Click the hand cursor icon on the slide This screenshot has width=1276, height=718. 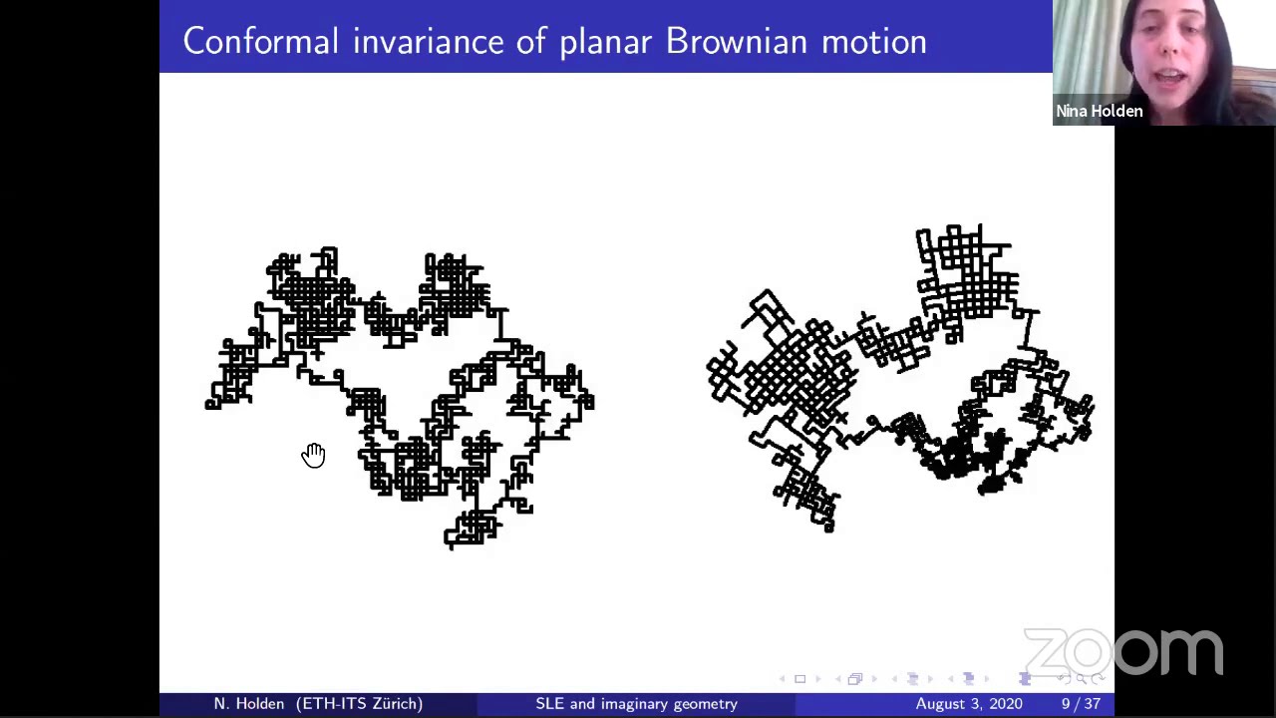[313, 456]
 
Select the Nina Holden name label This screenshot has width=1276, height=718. [1099, 112]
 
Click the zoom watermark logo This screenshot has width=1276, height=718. [1122, 653]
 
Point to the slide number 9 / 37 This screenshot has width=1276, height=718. [1081, 704]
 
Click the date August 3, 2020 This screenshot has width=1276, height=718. [968, 704]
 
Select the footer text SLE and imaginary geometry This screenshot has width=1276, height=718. [636, 704]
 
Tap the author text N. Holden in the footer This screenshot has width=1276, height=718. [249, 704]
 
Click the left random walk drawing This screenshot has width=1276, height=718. [399, 399]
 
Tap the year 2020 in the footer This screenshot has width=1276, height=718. [1003, 704]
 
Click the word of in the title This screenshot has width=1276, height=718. [529, 42]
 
